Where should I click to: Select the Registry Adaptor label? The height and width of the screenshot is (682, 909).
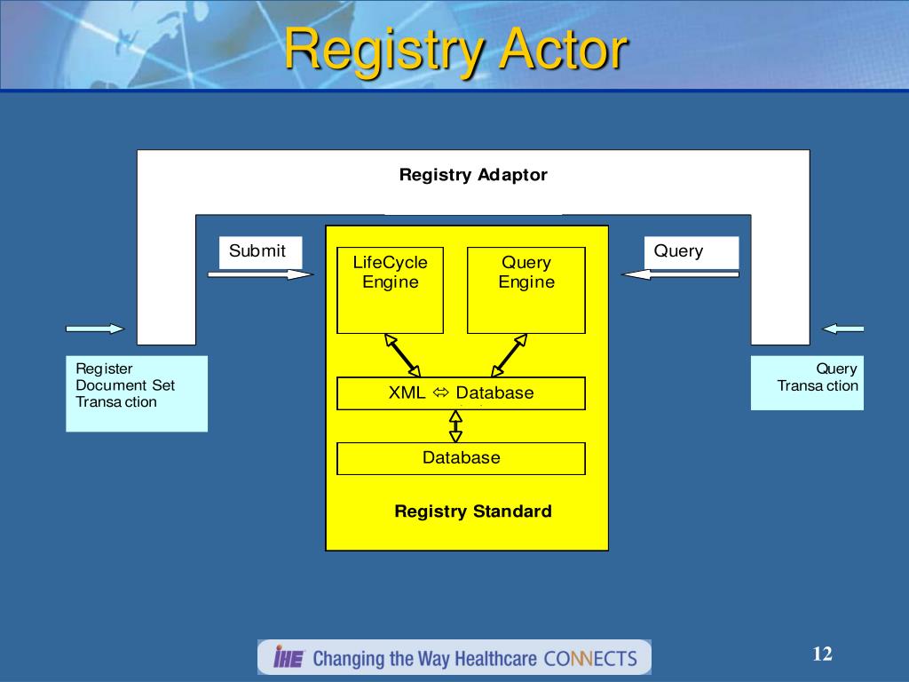(473, 175)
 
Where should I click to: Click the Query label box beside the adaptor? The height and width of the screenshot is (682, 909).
(691, 251)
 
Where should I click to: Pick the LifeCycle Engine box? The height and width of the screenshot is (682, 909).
(390, 290)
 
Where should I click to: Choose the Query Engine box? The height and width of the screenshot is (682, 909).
(526, 290)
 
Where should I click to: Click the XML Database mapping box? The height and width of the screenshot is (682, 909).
(461, 393)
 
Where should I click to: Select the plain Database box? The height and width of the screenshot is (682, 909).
(461, 458)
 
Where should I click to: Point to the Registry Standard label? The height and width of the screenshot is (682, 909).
(473, 511)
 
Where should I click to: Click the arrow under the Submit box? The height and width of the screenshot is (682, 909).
(260, 274)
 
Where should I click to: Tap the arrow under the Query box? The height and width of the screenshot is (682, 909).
(680, 274)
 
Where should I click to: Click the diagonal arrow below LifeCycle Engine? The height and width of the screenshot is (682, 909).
(402, 355)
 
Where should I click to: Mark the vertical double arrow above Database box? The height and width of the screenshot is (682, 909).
(456, 426)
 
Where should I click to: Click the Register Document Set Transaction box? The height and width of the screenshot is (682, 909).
(136, 393)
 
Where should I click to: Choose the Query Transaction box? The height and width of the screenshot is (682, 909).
(807, 383)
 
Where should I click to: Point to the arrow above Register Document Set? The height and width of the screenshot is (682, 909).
(95, 329)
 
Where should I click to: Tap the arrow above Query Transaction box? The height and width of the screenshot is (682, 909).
(842, 329)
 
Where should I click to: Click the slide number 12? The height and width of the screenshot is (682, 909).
(822, 654)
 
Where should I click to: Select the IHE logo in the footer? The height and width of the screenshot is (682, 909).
(289, 658)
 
